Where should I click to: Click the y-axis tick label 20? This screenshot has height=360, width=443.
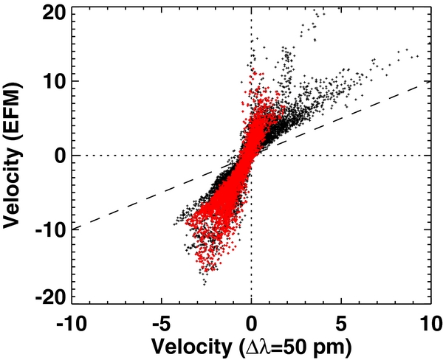click(x=52, y=13)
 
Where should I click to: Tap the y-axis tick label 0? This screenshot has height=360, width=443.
click(x=57, y=155)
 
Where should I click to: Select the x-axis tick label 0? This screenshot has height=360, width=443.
click(x=252, y=323)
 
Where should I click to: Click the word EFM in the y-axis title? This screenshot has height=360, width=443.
click(x=17, y=98)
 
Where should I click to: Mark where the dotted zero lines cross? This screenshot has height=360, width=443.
click(x=252, y=156)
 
